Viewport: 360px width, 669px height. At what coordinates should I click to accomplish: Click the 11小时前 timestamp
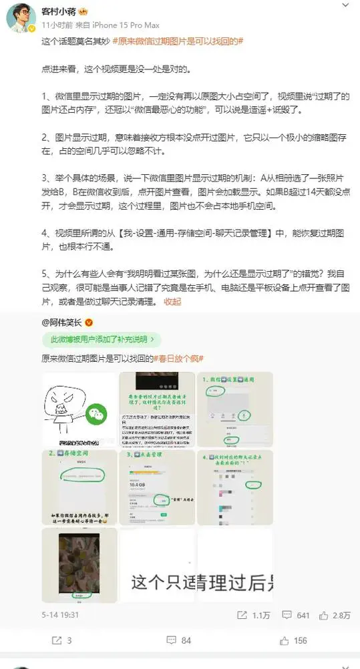click(56, 24)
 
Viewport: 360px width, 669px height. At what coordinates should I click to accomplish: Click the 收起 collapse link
click(172, 301)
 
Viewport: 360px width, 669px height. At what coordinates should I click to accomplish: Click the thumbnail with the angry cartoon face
click(79, 409)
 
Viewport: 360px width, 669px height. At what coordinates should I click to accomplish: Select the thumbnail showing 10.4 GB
click(157, 487)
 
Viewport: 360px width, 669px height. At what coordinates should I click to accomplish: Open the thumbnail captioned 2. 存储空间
click(79, 487)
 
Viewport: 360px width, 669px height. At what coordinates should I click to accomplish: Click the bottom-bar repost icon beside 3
click(57, 640)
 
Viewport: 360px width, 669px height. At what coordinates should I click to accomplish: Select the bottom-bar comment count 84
click(186, 640)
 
